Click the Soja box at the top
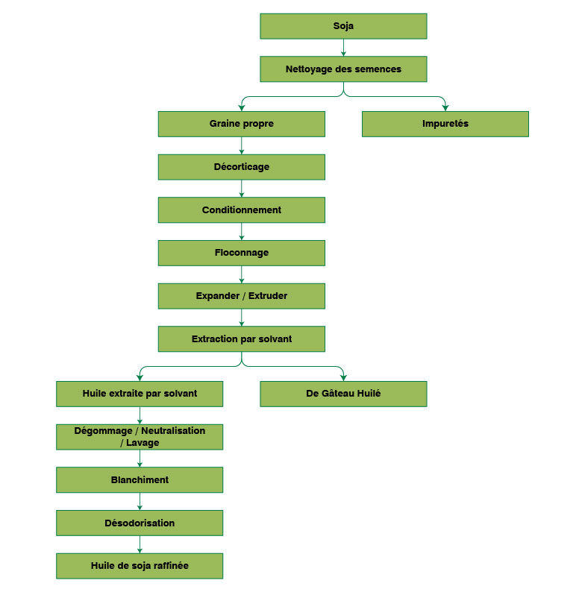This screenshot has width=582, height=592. click(x=343, y=26)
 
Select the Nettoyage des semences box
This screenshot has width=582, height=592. click(x=343, y=69)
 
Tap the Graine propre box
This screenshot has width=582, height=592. click(x=241, y=124)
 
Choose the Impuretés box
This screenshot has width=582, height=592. click(x=445, y=124)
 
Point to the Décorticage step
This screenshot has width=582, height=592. click(x=241, y=167)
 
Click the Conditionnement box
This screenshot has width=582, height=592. click(x=241, y=210)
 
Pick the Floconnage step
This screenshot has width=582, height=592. click(x=241, y=253)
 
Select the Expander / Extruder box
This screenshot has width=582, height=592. click(x=241, y=296)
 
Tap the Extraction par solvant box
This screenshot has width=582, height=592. click(x=241, y=339)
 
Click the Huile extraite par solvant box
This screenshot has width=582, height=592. click(x=140, y=394)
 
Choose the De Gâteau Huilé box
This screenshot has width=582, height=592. click(x=343, y=394)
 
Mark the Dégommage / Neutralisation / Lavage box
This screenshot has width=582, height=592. click(x=140, y=437)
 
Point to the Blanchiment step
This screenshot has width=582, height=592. click(x=140, y=480)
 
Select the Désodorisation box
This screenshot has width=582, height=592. click(x=140, y=523)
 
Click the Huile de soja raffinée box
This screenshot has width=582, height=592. click(x=140, y=566)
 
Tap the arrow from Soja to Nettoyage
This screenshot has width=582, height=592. click(x=343, y=48)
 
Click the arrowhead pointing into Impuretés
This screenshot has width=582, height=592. click(x=445, y=107)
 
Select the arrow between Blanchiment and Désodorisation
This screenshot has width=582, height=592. click(x=140, y=502)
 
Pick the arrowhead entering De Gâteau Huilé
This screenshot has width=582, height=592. click(x=343, y=377)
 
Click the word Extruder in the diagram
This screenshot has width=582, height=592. click(x=268, y=296)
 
